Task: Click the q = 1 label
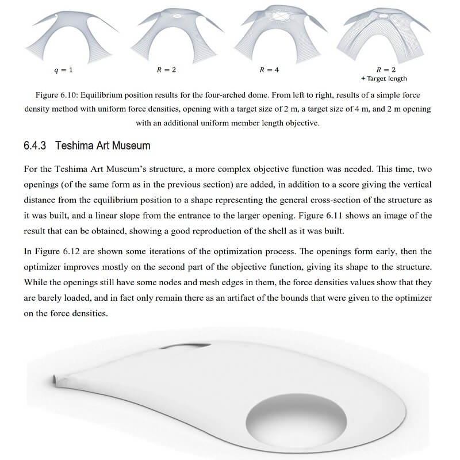(x=63, y=70)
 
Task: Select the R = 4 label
(x=269, y=70)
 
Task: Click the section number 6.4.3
(x=36, y=146)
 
